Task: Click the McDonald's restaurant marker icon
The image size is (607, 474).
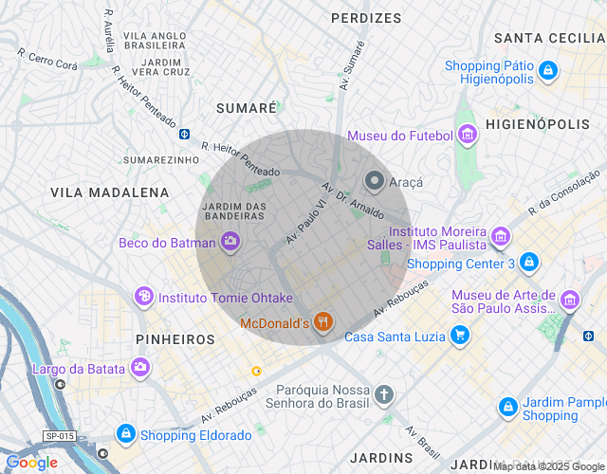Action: (x=323, y=323)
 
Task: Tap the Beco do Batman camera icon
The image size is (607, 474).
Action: (x=230, y=243)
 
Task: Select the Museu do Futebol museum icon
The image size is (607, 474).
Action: (x=467, y=136)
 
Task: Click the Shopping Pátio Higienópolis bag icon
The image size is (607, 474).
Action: (x=547, y=70)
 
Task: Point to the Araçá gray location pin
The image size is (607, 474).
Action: (x=375, y=180)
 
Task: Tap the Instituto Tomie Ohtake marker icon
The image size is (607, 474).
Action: (x=143, y=297)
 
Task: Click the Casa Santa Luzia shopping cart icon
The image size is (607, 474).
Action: (x=460, y=335)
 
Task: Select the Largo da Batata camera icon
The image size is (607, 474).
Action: (x=140, y=367)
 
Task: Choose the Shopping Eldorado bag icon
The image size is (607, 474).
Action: (x=125, y=434)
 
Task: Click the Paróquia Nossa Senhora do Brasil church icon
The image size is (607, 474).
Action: (x=384, y=394)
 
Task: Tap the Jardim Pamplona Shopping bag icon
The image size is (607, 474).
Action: (x=508, y=407)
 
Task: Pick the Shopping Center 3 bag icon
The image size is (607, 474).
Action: (x=529, y=263)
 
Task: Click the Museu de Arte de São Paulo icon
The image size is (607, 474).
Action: (x=570, y=301)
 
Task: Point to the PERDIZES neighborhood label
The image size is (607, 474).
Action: (x=366, y=18)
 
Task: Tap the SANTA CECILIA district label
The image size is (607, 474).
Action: (x=549, y=38)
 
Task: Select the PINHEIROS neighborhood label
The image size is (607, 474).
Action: (x=175, y=338)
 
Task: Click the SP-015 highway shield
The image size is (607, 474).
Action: (x=59, y=436)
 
